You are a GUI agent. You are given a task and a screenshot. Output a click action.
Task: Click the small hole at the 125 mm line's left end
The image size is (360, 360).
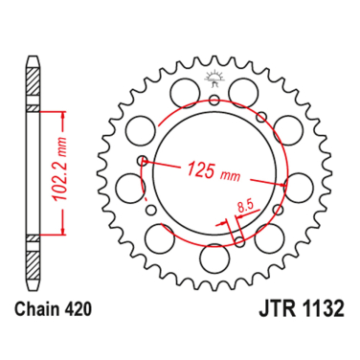[142, 160]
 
